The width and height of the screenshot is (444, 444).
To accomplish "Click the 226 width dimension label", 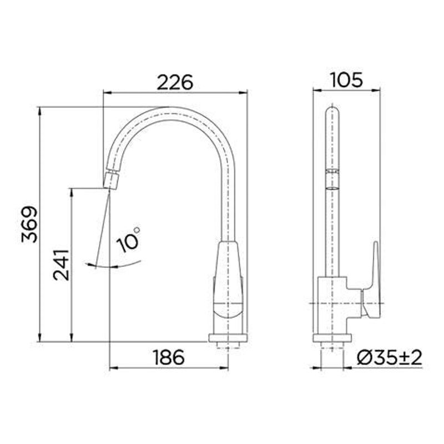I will pyautogui.click(x=174, y=82).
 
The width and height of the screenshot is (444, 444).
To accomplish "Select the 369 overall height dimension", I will pyautogui.click(x=29, y=224).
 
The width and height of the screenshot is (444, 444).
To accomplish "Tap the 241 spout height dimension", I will pyautogui.click(x=62, y=265).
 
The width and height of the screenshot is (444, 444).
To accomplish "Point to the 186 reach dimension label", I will pyautogui.click(x=168, y=357).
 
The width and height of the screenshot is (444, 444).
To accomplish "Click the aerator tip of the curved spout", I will pyautogui.click(x=112, y=181).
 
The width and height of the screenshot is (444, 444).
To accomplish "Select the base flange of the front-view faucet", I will pyautogui.click(x=228, y=337).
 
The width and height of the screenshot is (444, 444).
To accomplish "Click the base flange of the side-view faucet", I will pyautogui.click(x=332, y=337).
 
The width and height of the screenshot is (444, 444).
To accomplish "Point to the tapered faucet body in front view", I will pyautogui.click(x=229, y=272).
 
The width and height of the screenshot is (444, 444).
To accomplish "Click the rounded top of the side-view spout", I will pyautogui.click(x=332, y=111).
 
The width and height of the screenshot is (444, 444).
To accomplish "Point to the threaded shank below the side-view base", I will pyautogui.click(x=332, y=347).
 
